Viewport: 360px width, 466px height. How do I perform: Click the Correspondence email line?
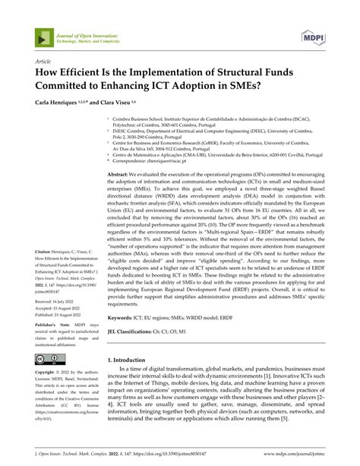(x=175, y=160)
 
